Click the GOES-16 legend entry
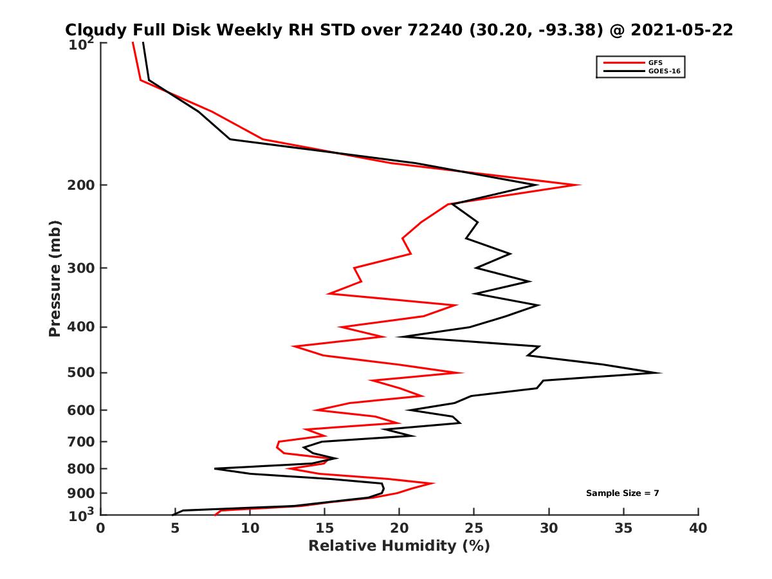point(663,71)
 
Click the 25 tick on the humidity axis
point(474,528)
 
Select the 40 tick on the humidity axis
point(698,528)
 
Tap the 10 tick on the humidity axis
point(250,528)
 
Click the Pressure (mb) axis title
point(55,278)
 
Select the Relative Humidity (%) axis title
point(399,546)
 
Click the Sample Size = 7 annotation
point(622,493)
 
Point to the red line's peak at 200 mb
point(580,185)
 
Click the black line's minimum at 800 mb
point(216,468)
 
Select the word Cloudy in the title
point(95,30)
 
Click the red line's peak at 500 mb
point(463,372)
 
